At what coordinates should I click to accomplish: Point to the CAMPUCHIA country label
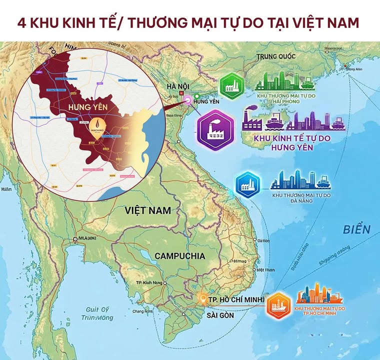tap(179, 255)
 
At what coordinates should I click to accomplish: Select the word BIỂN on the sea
tap(356, 229)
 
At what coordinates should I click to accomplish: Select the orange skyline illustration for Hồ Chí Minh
tap(320, 294)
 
